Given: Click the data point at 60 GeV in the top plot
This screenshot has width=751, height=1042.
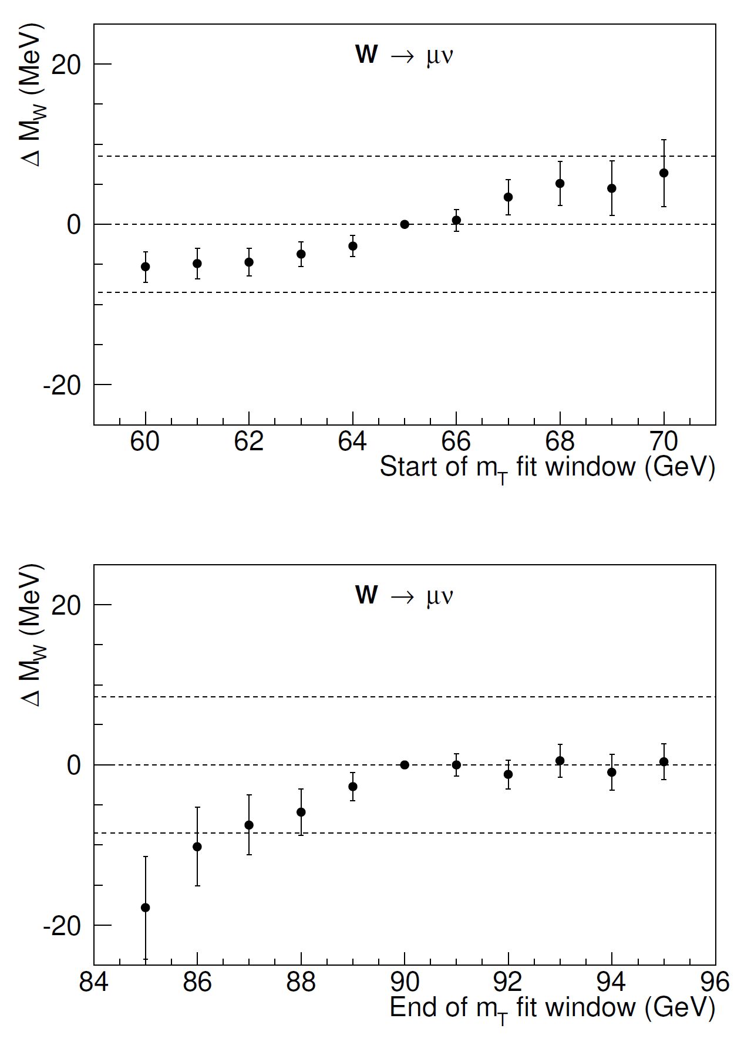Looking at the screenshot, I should click(x=146, y=267).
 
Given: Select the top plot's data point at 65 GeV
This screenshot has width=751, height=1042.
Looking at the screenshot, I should click(x=405, y=224).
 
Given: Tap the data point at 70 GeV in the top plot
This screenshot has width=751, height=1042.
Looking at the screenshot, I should click(x=664, y=173).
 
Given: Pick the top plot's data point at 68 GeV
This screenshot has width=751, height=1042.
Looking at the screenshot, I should click(x=560, y=183).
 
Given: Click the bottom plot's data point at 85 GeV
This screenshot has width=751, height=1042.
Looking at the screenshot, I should click(x=146, y=908).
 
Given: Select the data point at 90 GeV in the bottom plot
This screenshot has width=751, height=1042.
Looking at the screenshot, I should click(x=405, y=765).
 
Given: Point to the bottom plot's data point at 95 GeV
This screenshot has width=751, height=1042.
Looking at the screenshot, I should click(x=664, y=762).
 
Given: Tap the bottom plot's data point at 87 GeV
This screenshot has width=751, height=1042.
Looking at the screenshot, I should click(x=249, y=825).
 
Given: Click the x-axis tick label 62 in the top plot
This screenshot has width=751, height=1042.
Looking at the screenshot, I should click(x=249, y=442).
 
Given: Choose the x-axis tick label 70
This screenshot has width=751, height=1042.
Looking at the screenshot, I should click(x=664, y=442).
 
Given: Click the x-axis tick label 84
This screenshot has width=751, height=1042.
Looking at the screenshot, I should click(x=94, y=982).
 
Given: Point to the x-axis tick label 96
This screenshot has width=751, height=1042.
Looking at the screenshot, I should click(x=715, y=982).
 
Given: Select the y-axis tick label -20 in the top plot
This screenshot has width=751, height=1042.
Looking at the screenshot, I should click(x=61, y=385).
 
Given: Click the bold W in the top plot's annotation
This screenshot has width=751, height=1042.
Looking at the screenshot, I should click(x=366, y=55).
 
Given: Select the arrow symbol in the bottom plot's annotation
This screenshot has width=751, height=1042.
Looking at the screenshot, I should click(x=402, y=596).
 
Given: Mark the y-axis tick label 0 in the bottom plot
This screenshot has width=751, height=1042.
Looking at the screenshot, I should click(x=73, y=766).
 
